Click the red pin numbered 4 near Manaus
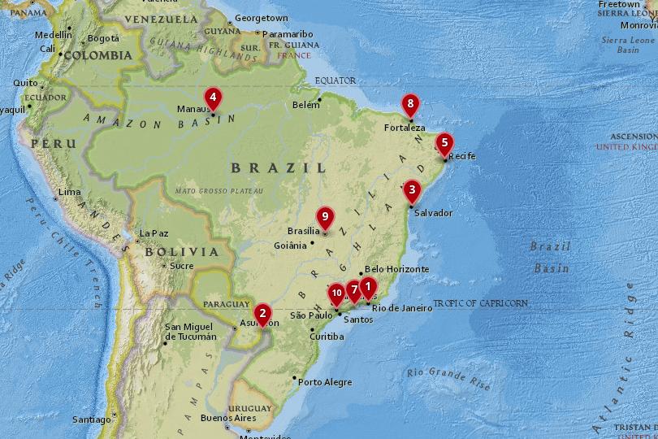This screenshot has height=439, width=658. click(x=213, y=98)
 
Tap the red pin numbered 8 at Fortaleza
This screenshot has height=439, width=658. click(x=411, y=104)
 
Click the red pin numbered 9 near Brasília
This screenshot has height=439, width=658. click(x=325, y=216)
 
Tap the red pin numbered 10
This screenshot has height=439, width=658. click(x=336, y=293)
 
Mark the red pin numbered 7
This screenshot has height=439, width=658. click(x=354, y=290)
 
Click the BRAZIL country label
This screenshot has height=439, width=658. click(x=279, y=168)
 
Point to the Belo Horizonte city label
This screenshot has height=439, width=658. click(x=396, y=269)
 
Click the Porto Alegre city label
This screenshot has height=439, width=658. click(x=325, y=382)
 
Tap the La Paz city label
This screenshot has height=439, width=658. click(x=154, y=234)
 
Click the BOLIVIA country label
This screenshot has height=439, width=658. click(x=182, y=252)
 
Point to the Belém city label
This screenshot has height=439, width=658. click(x=306, y=106)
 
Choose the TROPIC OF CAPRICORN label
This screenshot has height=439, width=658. click(x=480, y=303)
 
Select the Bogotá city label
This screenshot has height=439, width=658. click(x=103, y=38)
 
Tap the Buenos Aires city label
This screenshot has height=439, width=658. click(x=227, y=419)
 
